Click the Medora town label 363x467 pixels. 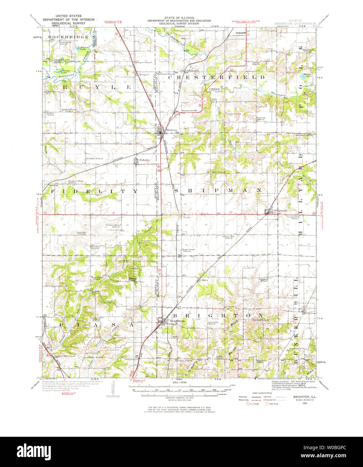pos(171,130)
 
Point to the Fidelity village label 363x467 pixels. pos(144,160)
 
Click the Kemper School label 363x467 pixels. pos(144,62)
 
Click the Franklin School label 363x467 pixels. pos(94,158)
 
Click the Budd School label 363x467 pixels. pos(132,359)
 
